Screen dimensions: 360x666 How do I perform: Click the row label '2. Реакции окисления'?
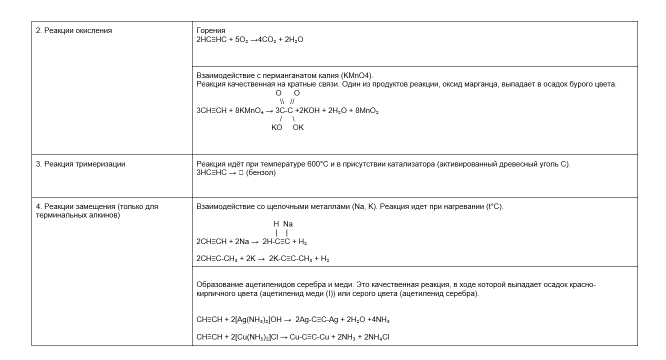(74, 30)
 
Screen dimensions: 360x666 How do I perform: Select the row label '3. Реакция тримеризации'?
(80, 164)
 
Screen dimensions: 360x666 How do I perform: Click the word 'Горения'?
(211, 30)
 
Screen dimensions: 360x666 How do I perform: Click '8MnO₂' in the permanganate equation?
(366, 110)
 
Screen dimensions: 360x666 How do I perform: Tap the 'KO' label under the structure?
(277, 127)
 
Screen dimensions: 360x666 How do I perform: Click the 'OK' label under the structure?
(298, 127)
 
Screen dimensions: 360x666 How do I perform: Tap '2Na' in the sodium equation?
(241, 241)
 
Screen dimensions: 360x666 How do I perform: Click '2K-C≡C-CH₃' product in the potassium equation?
(290, 259)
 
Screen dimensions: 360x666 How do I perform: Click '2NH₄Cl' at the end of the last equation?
(374, 337)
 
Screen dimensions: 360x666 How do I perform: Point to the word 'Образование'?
(218, 284)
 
